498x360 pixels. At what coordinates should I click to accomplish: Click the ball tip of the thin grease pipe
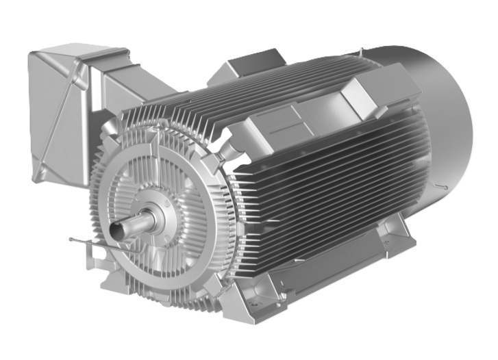click(x=72, y=240)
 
